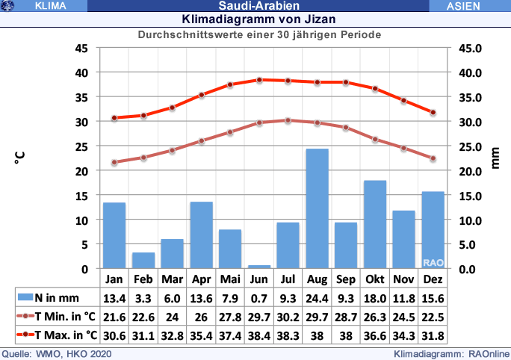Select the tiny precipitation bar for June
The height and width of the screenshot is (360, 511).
pyautogui.click(x=259, y=267)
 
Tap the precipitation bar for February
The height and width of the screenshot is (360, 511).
pyautogui.click(x=143, y=260)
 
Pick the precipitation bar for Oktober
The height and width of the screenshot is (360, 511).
pyautogui.click(x=375, y=224)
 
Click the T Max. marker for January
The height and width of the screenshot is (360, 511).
pyautogui.click(x=114, y=118)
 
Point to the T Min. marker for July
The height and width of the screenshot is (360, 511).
pyautogui.click(x=288, y=120)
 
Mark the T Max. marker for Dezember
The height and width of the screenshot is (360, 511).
pyautogui.click(x=433, y=112)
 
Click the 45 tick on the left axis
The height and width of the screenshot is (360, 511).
pyautogui.click(x=82, y=49)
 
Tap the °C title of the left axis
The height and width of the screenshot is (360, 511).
pyautogui.click(x=19, y=158)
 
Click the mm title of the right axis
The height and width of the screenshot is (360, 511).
pyautogui.click(x=495, y=158)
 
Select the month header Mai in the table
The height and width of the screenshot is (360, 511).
pyautogui.click(x=230, y=279)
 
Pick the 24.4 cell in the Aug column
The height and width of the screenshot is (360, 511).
pyautogui.click(x=317, y=297)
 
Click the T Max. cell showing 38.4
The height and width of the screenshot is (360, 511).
pyautogui.click(x=259, y=335)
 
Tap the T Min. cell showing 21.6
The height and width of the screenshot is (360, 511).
pyautogui.click(x=114, y=316)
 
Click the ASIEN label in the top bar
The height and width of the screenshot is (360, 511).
pyautogui.click(x=468, y=6)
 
